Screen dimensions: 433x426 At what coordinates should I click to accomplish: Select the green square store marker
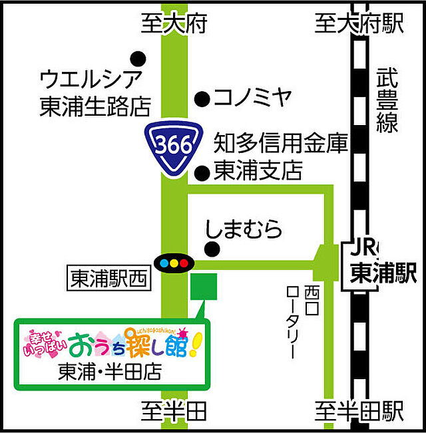pyautogui.click(x=204, y=286)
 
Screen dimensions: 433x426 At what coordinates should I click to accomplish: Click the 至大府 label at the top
pyautogui.click(x=174, y=25)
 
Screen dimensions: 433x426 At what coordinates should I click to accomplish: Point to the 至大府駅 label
pyautogui.click(x=359, y=25)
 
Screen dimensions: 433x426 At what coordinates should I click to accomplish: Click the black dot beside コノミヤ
pyautogui.click(x=200, y=99)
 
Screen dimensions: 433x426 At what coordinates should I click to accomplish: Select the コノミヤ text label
pyautogui.click(x=253, y=98)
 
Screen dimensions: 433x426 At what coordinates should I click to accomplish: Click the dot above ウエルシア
pyautogui.click(x=138, y=58)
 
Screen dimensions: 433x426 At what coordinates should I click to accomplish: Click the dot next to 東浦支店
pyautogui.click(x=201, y=174)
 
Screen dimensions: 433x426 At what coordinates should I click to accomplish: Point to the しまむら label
pyautogui.click(x=244, y=229)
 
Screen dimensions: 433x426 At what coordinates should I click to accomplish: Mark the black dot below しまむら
pyautogui.click(x=212, y=250)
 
